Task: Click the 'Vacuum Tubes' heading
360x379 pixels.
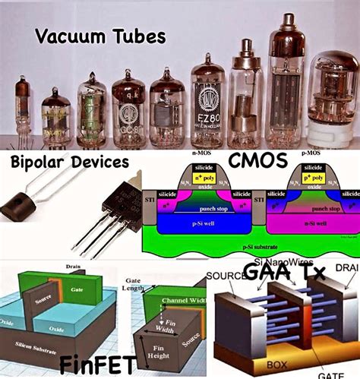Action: (101, 36)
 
